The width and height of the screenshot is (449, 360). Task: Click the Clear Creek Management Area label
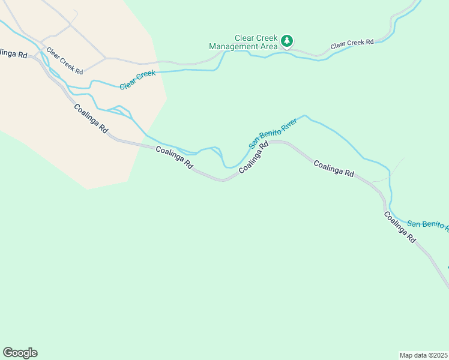click(243, 41)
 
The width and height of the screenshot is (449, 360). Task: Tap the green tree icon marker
click(287, 41)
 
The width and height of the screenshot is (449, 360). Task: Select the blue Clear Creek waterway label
click(137, 80)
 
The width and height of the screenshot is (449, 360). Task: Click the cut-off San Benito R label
click(428, 224)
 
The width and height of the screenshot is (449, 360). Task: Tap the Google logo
click(20, 353)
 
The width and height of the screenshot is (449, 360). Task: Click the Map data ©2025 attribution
click(424, 355)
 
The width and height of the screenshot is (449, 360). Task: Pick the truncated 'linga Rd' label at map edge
click(13, 54)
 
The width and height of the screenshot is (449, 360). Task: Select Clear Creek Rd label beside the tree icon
click(352, 44)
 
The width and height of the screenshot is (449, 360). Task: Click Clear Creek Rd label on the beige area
click(64, 61)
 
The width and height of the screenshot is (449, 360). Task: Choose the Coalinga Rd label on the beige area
click(91, 118)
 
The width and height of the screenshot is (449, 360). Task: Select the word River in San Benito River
click(289, 124)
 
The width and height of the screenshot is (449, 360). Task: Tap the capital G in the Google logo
click(8, 353)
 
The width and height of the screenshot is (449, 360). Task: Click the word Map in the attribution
click(406, 355)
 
